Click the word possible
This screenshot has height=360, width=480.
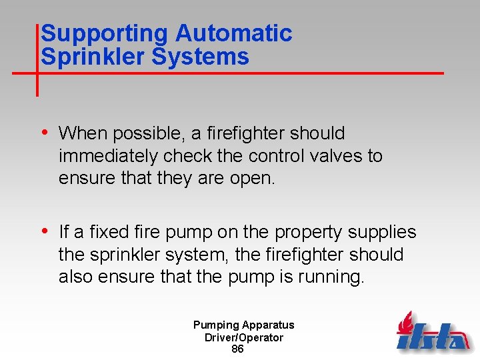tap(146, 133)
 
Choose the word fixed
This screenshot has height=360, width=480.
tap(106, 232)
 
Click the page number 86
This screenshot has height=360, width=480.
tap(237, 349)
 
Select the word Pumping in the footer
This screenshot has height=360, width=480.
tap(216, 325)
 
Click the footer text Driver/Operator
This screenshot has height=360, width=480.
tap(243, 337)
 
